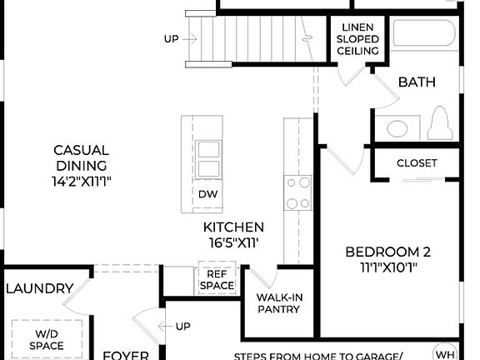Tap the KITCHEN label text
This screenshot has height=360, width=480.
(x=233, y=227)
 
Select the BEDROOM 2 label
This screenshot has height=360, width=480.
(x=388, y=252)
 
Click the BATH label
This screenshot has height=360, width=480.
(x=416, y=82)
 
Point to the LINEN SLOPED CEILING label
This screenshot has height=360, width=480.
(x=357, y=39)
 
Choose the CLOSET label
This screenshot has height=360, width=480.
(x=417, y=163)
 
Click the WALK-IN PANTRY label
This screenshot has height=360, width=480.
(x=279, y=303)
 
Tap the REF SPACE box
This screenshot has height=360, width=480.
(x=217, y=279)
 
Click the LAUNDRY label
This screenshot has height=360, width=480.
(x=39, y=288)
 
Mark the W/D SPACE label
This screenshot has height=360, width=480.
(x=46, y=339)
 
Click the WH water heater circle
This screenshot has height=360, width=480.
(x=445, y=352)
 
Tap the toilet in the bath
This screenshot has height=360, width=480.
(x=439, y=126)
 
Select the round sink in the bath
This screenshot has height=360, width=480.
(x=397, y=129)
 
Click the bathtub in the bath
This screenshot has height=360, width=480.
(x=424, y=36)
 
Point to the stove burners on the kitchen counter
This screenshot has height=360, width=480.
(x=297, y=192)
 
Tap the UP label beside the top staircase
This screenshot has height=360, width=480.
(x=171, y=38)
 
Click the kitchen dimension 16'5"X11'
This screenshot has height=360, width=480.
(x=233, y=243)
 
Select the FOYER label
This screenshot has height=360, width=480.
(x=125, y=354)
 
